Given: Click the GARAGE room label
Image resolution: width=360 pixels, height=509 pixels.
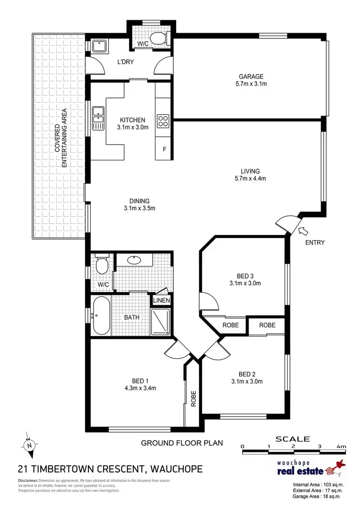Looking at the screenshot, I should pos(252,76).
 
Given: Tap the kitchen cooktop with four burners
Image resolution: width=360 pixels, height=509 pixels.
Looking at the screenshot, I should pos(163,120).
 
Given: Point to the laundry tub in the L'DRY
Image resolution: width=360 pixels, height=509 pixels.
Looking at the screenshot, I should pos(99,47).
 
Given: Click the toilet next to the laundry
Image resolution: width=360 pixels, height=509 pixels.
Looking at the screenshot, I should pos(156,38).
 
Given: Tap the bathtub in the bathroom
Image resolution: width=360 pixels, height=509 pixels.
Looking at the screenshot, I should pos(101,316).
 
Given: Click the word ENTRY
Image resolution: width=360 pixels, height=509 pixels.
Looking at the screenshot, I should pos(314,242).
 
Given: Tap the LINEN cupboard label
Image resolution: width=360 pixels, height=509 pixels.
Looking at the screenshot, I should pos(160,301).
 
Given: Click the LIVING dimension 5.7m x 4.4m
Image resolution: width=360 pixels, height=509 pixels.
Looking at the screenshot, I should pos(250,179).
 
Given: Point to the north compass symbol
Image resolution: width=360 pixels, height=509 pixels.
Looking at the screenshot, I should pos(29,445).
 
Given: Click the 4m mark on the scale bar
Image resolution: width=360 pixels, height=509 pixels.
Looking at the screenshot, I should pos(341,447).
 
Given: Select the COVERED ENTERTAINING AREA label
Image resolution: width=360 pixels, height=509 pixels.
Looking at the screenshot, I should pos(60,138).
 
